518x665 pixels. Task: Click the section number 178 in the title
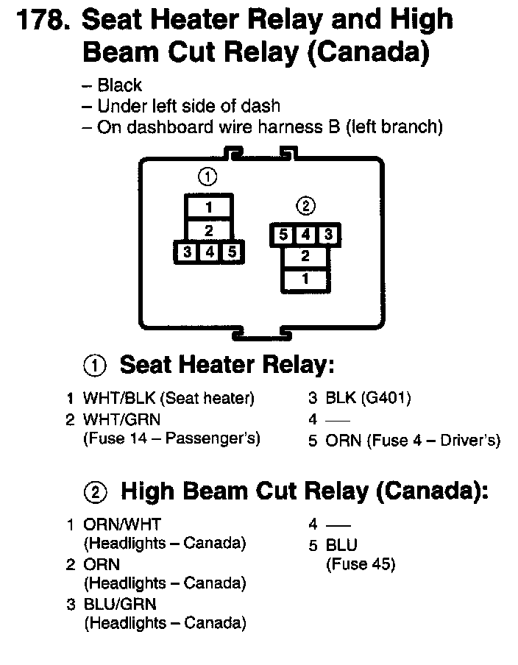41,20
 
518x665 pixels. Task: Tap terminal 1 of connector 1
208,207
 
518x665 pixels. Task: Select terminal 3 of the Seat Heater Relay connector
188,252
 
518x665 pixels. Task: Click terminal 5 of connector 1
231,252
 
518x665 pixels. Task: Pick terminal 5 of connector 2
283,235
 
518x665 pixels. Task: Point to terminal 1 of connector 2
305,280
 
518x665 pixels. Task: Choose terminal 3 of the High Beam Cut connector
328,235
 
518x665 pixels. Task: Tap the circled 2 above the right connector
305,205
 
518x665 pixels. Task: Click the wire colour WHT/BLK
117,398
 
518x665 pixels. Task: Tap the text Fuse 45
361,565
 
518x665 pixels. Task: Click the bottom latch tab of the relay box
261,335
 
